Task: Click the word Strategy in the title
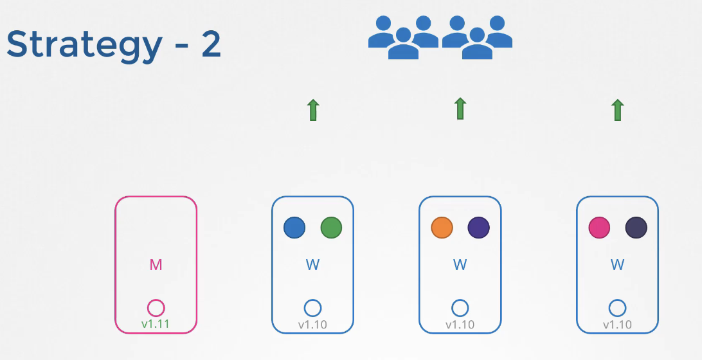coord(84,45)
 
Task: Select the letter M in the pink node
coord(156,264)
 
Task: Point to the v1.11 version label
coord(156,324)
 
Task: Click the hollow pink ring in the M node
coord(156,308)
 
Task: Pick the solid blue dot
coord(294,228)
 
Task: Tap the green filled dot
coord(331,228)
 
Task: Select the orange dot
coord(442,228)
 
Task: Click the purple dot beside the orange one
coord(479,228)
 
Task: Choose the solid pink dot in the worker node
coord(599,228)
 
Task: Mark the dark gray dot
coord(636,228)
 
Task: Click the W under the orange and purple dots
coord(460,264)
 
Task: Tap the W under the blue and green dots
coord(312,264)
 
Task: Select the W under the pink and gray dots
coord(617,264)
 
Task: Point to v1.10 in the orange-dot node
coord(460,325)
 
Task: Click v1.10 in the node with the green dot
coord(312,325)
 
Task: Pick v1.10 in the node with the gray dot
coord(617,325)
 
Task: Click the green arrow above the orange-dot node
coord(460,109)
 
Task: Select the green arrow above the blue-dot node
coord(312,110)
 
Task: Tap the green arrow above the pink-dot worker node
coord(617,110)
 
